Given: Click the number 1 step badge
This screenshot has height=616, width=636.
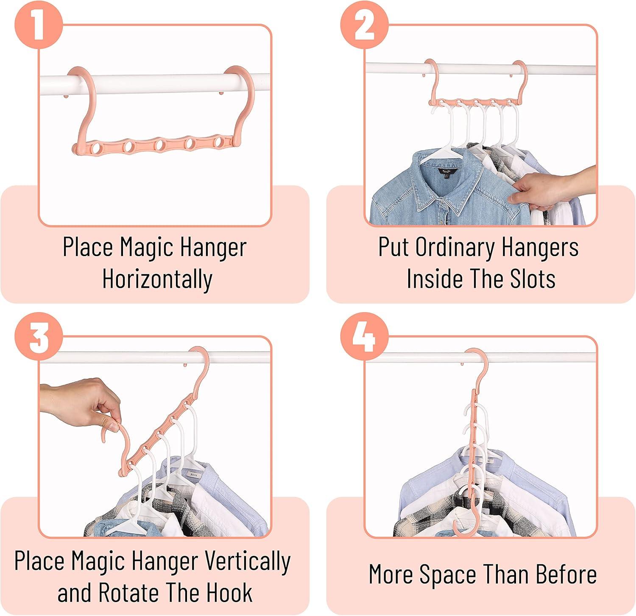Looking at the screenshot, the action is (x=39, y=24).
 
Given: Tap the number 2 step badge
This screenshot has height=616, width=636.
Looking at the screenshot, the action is (x=364, y=24).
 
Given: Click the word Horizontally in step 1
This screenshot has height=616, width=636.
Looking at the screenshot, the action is (x=157, y=280).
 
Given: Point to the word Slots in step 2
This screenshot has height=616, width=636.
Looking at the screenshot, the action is (x=532, y=279).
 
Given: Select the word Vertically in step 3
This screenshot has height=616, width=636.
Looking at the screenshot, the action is (x=248, y=561).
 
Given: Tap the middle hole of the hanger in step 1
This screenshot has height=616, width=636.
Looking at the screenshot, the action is (x=159, y=145).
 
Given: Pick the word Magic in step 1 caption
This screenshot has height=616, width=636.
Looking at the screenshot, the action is (x=146, y=247).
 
